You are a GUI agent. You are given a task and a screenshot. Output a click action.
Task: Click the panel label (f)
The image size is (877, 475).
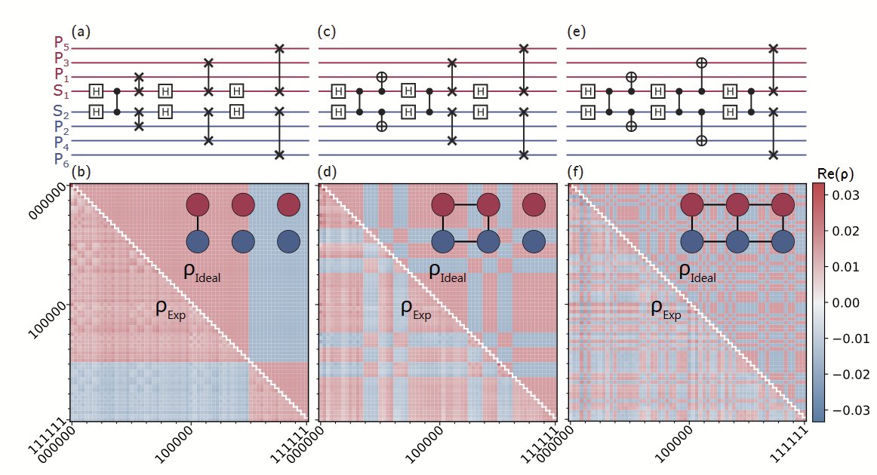(x=575, y=173)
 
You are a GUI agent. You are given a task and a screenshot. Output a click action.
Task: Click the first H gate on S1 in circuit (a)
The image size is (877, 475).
(x=97, y=91)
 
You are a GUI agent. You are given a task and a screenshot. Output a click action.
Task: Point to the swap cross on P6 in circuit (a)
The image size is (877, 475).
(x=280, y=155)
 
